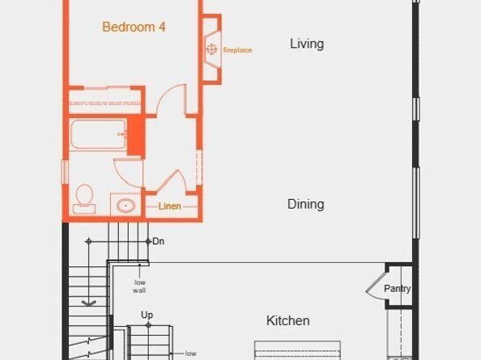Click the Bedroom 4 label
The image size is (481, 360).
pyautogui.click(x=134, y=27)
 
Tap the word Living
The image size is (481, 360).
pyautogui.click(x=307, y=44)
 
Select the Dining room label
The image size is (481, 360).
pyautogui.click(x=305, y=204)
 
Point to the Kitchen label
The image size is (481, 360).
pyautogui.click(x=287, y=321)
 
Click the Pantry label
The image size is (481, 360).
pyautogui.click(x=397, y=289)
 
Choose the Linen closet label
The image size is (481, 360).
pyautogui.click(x=169, y=206)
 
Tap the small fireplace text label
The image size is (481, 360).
pyautogui.click(x=237, y=50)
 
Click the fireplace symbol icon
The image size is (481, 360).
pyautogui.click(x=212, y=50)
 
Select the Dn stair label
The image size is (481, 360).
pyautogui.click(x=159, y=241)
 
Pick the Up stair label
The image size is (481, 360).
pyautogui.click(x=147, y=315)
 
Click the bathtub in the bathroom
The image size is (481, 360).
pyautogui.click(x=97, y=134)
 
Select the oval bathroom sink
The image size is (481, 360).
pyautogui.click(x=125, y=205)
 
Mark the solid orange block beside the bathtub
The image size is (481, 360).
pyautogui.click(x=136, y=134)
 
